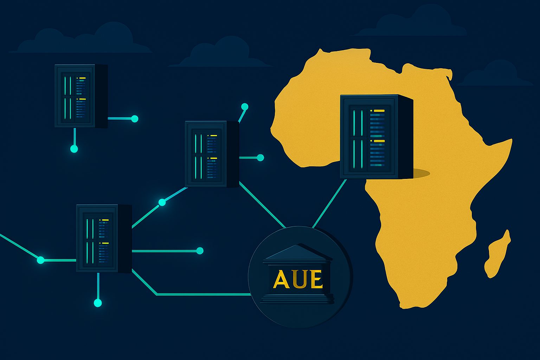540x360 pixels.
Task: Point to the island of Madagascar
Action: coord(498,254)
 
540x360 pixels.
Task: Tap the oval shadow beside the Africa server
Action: coord(420,173)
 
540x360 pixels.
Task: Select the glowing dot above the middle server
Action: coord(245,107)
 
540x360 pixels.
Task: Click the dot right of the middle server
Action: coord(261,158)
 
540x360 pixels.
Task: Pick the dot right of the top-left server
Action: coord(135,119)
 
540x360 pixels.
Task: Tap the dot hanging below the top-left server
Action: coord(74,149)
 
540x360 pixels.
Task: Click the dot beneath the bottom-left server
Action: coord(98,303)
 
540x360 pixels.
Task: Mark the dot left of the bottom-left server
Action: coord(41,260)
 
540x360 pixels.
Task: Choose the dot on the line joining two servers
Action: coord(162,202)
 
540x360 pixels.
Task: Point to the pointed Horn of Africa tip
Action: coord(512,140)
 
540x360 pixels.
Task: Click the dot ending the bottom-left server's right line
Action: coord(200,251)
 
